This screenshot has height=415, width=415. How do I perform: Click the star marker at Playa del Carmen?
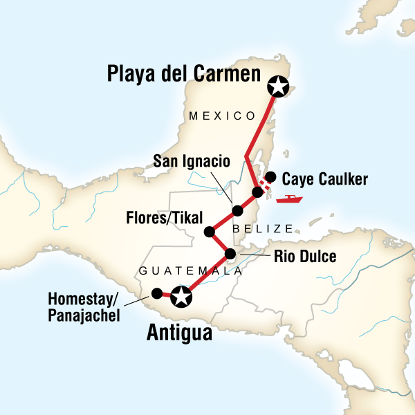click(x=277, y=86)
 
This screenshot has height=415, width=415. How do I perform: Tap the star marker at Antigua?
click(x=181, y=297)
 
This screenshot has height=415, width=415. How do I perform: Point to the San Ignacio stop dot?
click(x=237, y=210)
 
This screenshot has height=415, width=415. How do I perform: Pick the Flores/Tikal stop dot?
click(x=207, y=232)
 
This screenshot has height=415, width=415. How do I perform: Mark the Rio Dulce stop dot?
click(x=231, y=254)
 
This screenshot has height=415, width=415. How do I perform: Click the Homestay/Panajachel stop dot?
click(x=157, y=293)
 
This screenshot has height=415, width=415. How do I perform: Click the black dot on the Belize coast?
click(x=257, y=192)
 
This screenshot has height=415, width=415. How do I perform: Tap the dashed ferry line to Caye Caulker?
click(x=264, y=184)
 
